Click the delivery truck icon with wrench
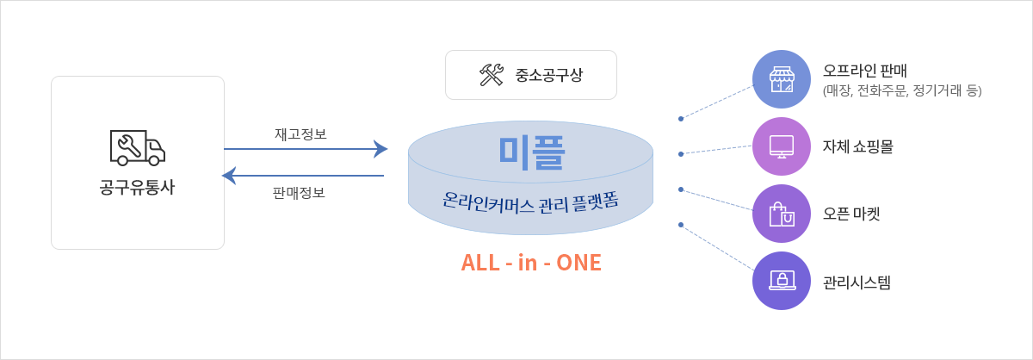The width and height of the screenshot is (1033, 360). pos(137,147)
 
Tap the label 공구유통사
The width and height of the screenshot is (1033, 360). pos(137,187)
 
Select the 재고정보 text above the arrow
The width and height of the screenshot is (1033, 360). pos(300,133)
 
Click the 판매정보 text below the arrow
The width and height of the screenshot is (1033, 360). pos(299,193)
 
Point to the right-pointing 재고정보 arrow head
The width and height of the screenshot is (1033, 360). pos(380,149)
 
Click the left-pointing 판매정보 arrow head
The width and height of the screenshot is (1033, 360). pos(229,176)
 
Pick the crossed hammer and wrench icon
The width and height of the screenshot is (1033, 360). pos(492,75)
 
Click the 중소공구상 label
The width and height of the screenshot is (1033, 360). pos(549,75)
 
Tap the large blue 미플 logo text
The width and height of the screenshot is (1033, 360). pos(531,152)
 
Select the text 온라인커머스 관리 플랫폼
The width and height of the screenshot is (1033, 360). pos(530,203)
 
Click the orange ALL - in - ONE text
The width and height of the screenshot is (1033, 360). pos(531,263)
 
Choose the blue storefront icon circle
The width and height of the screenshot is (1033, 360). pos(782,79)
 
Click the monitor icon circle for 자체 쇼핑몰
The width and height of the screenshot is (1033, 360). pos(782,146)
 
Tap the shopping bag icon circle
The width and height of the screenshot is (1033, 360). pos(782,214)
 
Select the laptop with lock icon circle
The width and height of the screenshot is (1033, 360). pos(782,281)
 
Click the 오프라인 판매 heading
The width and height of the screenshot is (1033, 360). pos(865,70)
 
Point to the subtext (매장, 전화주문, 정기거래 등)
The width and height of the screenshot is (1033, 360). pos(902,90)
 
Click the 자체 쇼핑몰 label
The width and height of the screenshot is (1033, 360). pos(858,146)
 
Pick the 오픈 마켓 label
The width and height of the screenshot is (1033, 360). pos(851,214)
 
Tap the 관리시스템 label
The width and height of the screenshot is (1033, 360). pos(857,282)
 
